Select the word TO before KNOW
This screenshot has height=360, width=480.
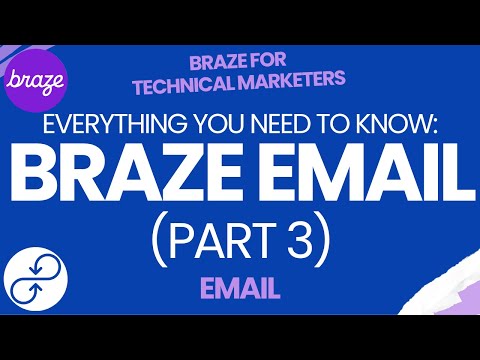coord(306,129)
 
